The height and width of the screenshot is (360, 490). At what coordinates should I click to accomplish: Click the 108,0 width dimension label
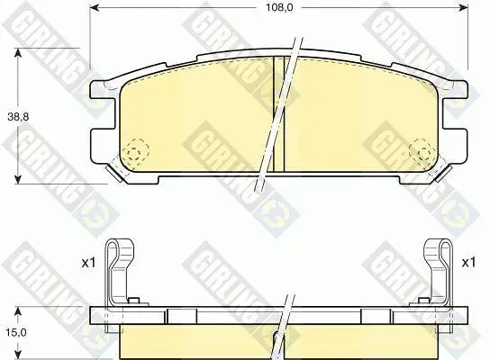tap(279, 7)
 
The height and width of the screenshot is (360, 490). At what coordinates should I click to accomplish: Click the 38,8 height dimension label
tap(18, 117)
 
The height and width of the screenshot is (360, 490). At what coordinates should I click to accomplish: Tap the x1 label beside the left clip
tap(88, 263)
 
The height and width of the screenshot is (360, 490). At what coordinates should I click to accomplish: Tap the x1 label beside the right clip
tap(468, 263)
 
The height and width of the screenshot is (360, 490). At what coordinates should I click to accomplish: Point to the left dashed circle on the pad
tap(135, 152)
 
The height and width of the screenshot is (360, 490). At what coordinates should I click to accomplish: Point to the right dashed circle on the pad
tap(422, 152)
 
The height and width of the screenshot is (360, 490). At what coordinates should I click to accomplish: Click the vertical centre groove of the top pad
tap(278, 114)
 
